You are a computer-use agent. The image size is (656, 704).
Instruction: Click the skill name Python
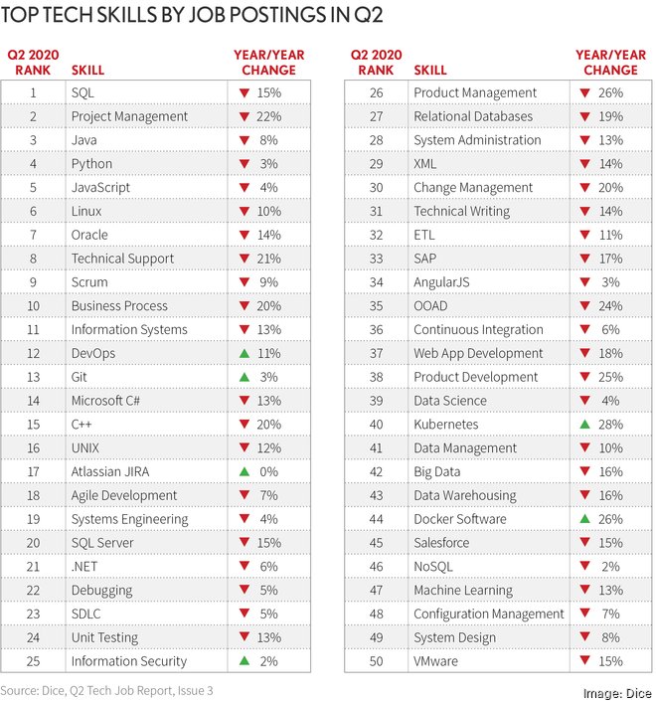coord(91,164)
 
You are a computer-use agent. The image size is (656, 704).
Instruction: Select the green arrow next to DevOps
coord(244,353)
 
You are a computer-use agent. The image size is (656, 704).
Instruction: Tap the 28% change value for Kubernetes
coord(611,425)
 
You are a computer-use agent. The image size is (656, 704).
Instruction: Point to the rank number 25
coord(34,661)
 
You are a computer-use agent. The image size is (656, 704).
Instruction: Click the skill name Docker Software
coord(459,519)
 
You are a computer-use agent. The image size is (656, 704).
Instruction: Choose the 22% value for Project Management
coord(269,116)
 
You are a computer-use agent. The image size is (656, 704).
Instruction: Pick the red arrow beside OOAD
coord(585,306)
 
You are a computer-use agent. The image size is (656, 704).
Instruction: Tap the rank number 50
coord(376,661)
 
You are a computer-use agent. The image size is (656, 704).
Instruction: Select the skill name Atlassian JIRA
coord(110,472)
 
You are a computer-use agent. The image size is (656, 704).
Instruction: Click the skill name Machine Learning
coord(463,591)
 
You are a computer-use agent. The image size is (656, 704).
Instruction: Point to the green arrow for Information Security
coord(244,661)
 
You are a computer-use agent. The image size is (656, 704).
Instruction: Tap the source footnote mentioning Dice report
coord(106,690)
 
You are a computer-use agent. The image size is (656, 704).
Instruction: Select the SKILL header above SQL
coord(87,71)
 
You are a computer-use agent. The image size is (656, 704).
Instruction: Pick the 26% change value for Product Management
coord(611,92)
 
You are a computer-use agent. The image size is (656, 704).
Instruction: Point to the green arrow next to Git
coord(244,377)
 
